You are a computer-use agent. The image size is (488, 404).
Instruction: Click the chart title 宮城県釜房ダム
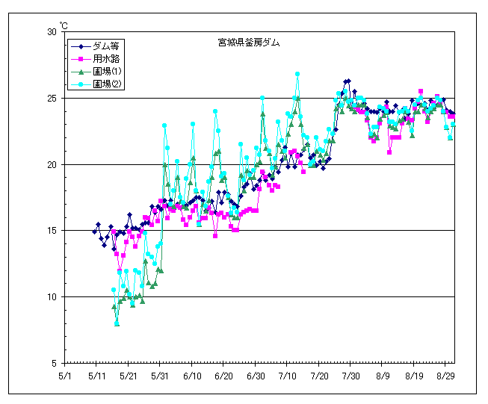pyautogui.click(x=244, y=43)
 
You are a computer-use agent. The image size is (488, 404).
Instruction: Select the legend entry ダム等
pyautogui.click(x=96, y=46)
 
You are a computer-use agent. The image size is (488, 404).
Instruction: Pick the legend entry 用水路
pyautogui.click(x=96, y=58)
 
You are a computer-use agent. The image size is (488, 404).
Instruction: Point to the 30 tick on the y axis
pyautogui.click(x=52, y=32)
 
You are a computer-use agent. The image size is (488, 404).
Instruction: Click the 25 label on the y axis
pyautogui.click(x=52, y=99)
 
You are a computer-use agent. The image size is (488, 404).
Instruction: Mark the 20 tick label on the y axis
pyautogui.click(x=52, y=164)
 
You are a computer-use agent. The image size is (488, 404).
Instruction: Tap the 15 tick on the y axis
pyautogui.click(x=52, y=231)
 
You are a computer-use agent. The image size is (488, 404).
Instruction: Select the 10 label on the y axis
pyautogui.click(x=52, y=297)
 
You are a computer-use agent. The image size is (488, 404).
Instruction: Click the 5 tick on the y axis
pyautogui.click(x=55, y=364)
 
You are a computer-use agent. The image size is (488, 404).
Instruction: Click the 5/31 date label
pyautogui.click(x=161, y=376)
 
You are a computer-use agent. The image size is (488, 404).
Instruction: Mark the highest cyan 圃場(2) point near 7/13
pyautogui.click(x=297, y=74)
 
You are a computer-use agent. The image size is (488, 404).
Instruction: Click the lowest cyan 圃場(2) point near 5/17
pyautogui.click(x=117, y=323)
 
